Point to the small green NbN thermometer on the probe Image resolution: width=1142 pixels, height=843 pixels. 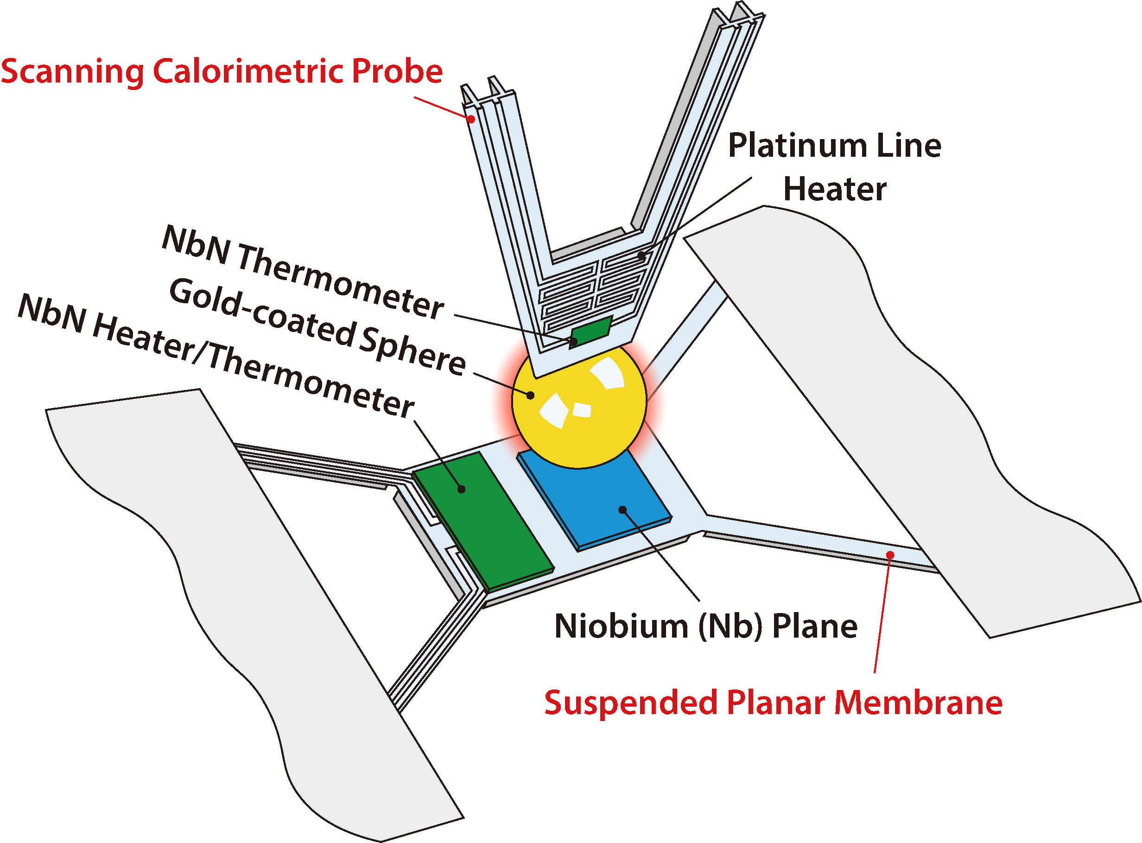pos(590,332)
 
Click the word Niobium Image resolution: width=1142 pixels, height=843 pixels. pos(622,626)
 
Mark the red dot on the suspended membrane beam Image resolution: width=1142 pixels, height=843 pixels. pos(890,555)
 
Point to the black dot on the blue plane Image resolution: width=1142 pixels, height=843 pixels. pos(622,509)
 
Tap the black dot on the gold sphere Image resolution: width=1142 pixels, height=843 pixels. pos(531,395)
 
